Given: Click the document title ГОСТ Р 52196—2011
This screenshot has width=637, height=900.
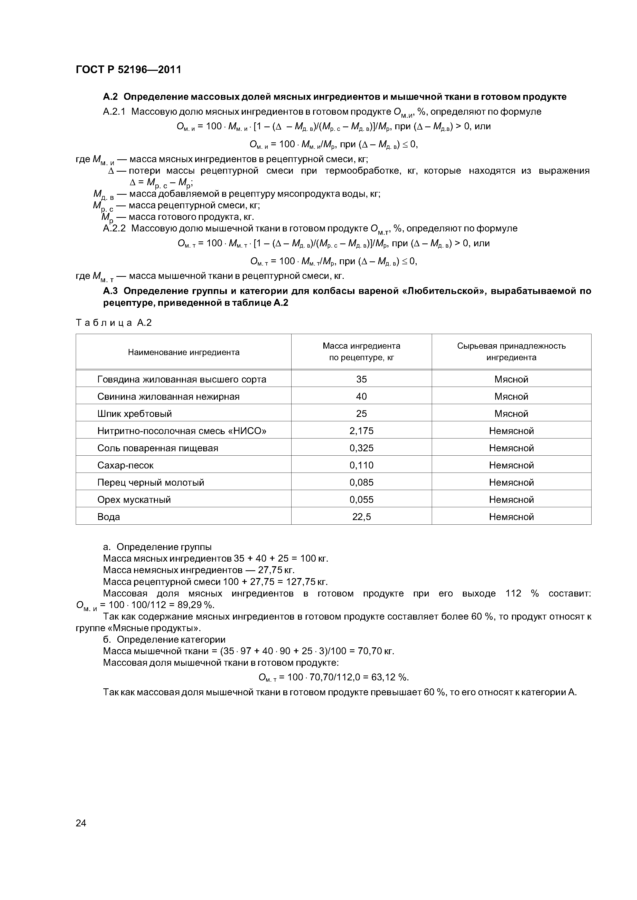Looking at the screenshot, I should pyautogui.click(x=128, y=70).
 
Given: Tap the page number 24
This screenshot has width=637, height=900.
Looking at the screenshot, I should pyautogui.click(x=81, y=823).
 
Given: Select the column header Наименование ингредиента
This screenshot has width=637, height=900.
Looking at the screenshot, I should pyautogui.click(x=184, y=352).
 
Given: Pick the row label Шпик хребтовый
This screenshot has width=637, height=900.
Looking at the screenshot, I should pyautogui.click(x=135, y=414).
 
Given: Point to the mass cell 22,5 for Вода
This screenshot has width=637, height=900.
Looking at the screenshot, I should pyautogui.click(x=361, y=517).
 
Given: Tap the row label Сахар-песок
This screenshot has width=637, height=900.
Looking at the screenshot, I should pyautogui.click(x=126, y=465).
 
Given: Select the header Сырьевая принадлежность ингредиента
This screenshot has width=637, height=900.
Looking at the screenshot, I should pyautogui.click(x=511, y=352).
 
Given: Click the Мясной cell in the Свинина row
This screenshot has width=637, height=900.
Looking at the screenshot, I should pyautogui.click(x=511, y=396).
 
